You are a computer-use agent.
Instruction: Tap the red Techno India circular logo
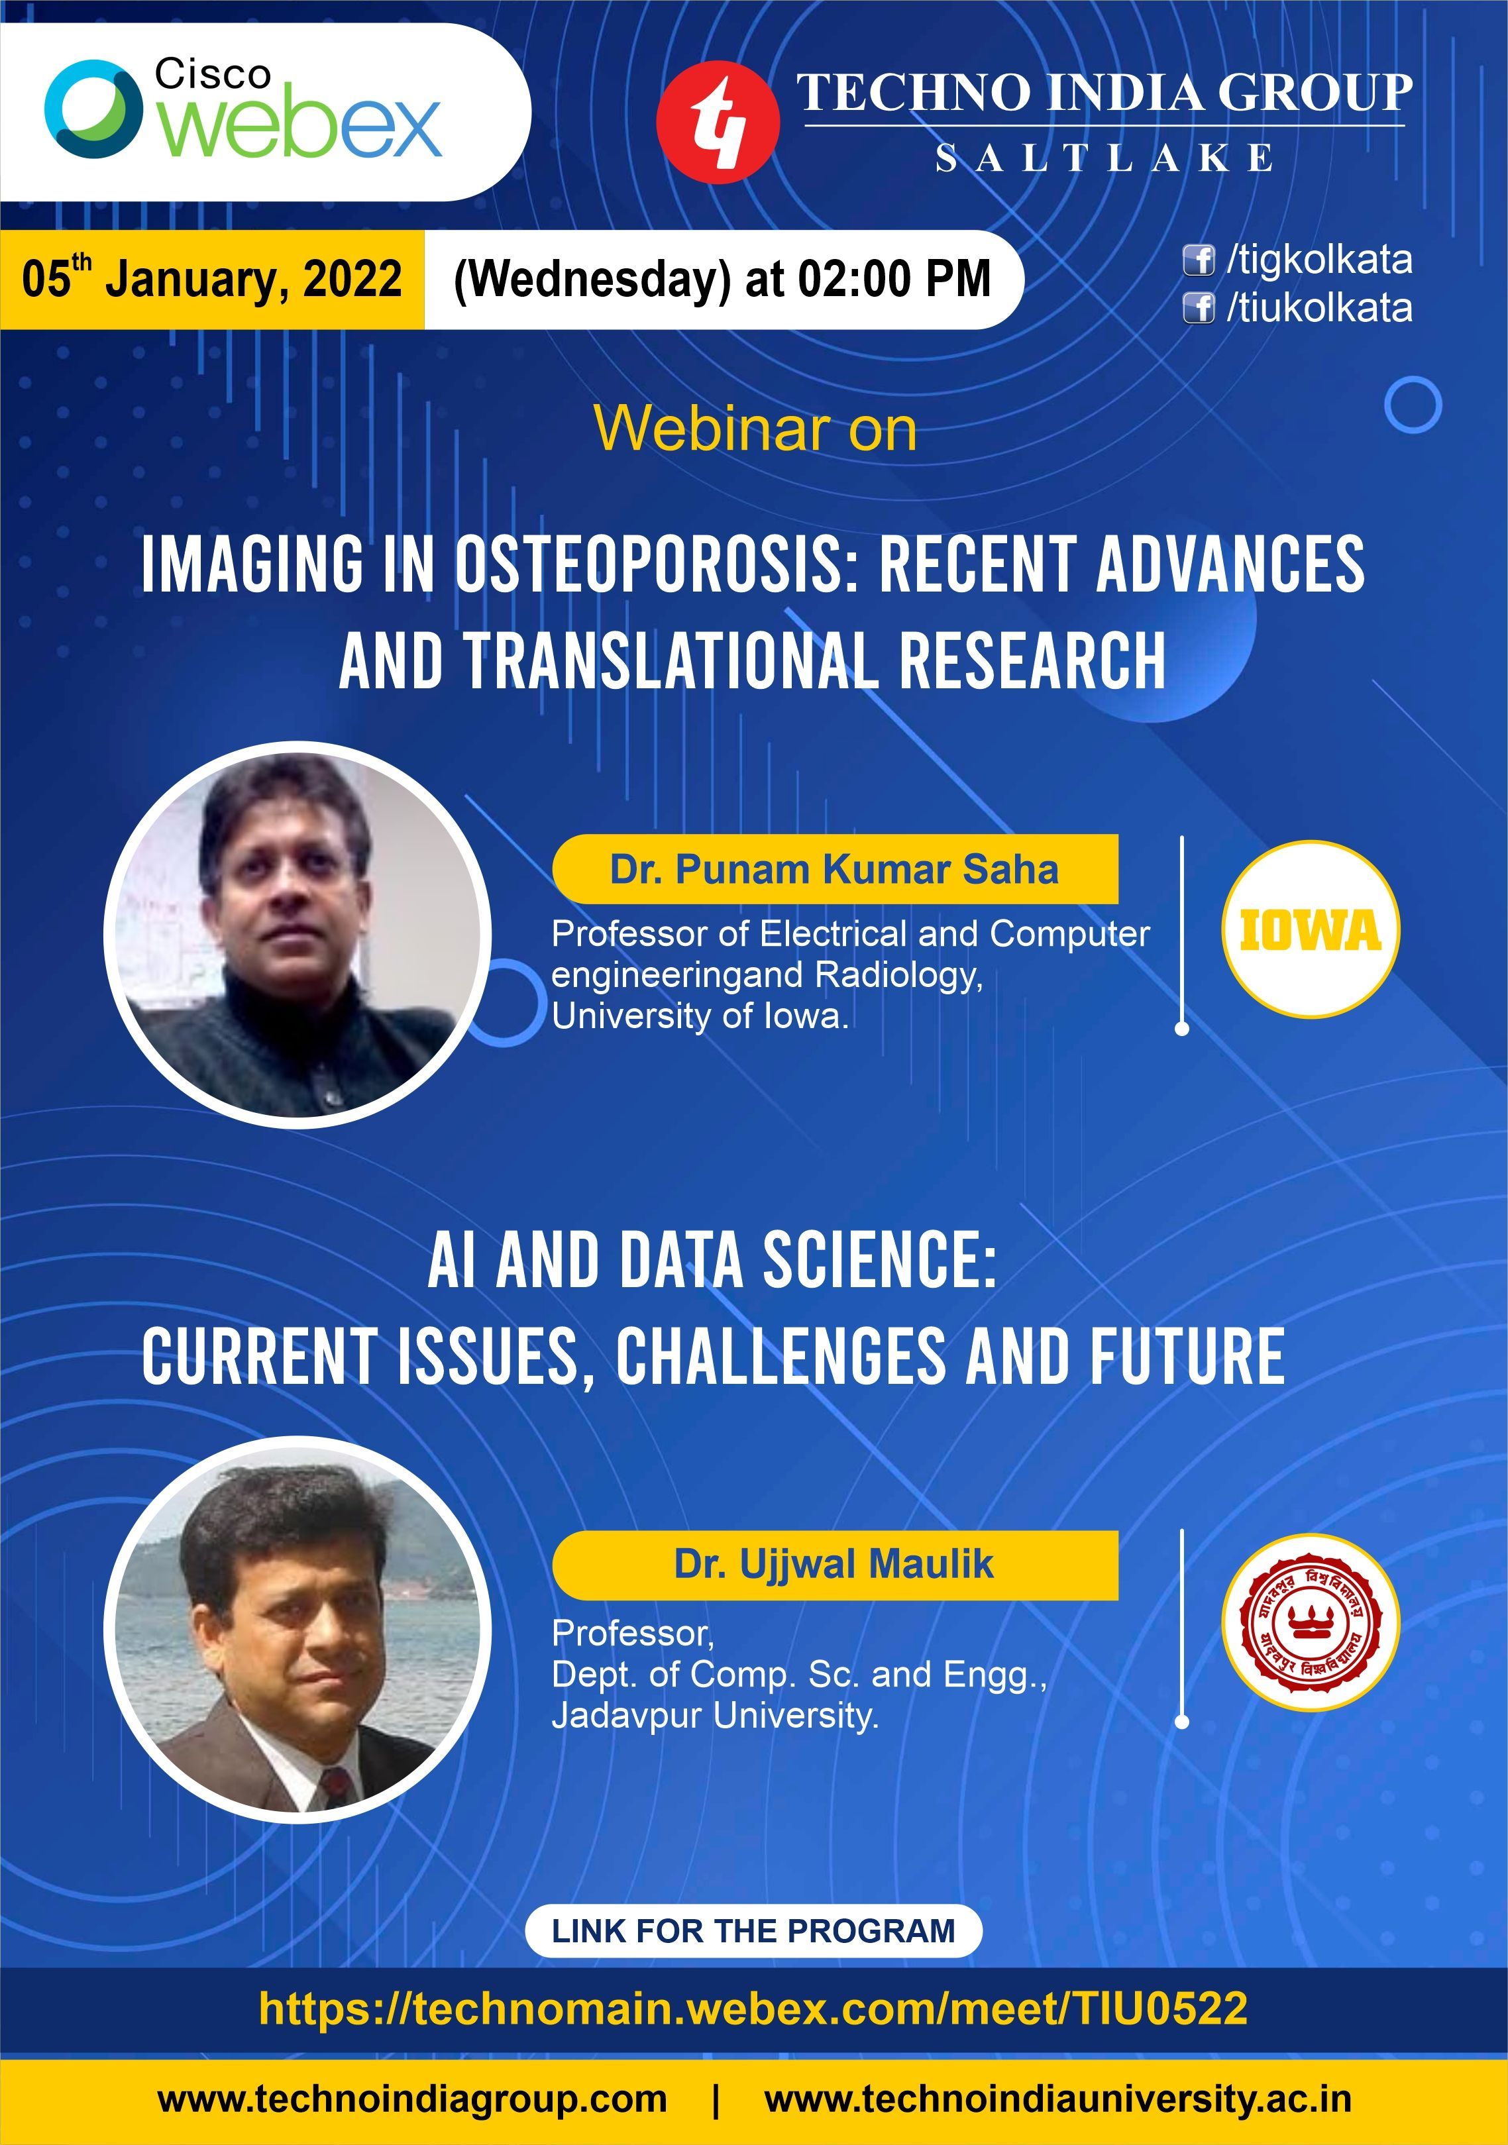pyautogui.click(x=717, y=121)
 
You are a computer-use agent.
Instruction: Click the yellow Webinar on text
pyautogui.click(x=755, y=430)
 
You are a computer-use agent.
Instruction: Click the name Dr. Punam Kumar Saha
pyautogui.click(x=834, y=869)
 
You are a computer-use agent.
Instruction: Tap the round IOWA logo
pyautogui.click(x=1311, y=929)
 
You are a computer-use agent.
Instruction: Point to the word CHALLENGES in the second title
pyautogui.click(x=780, y=1357)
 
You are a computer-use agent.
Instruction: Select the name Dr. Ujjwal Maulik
pyautogui.click(x=834, y=1564)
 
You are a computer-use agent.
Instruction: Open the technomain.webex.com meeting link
pyautogui.click(x=753, y=2008)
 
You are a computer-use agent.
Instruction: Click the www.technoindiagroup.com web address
pyautogui.click(x=412, y=2100)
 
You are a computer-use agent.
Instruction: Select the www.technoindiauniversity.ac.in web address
pyautogui.click(x=1057, y=2100)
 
